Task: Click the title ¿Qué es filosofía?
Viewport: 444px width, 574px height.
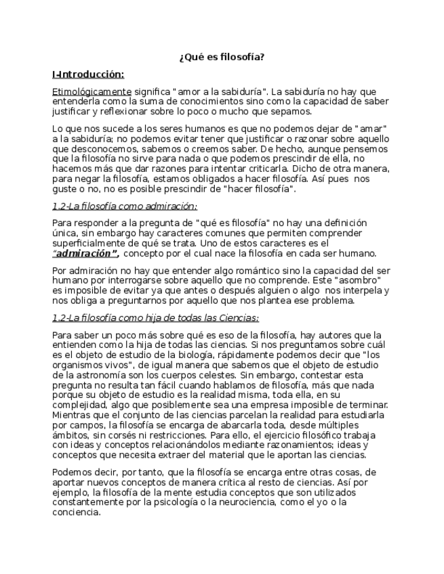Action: [222, 58]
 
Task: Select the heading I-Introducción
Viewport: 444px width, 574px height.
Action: [87, 74]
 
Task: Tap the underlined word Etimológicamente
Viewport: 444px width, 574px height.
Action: [92, 91]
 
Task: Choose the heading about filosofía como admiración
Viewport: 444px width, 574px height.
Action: [124, 206]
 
